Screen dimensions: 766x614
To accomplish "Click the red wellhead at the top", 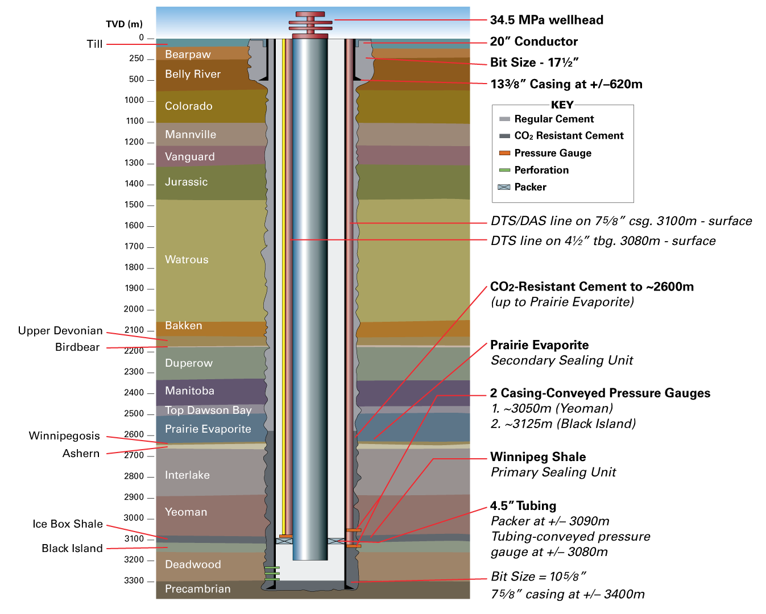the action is (310, 24).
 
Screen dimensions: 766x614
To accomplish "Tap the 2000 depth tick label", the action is (134, 309).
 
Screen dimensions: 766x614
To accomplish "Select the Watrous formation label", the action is (187, 259).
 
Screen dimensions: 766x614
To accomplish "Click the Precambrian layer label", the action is (197, 589).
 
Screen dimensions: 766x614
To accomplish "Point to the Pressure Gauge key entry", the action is (545, 153).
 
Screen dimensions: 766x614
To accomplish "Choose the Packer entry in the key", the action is (522, 187).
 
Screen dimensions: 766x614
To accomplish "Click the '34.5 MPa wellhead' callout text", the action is (546, 20).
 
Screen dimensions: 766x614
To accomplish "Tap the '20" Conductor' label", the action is (533, 42).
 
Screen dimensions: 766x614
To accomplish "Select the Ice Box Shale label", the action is (68, 524).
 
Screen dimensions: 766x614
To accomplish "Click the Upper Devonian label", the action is (60, 331).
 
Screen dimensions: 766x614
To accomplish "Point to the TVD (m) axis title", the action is (124, 24).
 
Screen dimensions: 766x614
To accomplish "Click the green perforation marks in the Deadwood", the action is (272, 574).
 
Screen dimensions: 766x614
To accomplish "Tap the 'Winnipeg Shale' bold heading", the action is (538, 457).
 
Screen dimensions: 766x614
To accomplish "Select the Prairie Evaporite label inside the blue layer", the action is (208, 429).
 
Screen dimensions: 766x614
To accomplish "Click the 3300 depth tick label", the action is (134, 580).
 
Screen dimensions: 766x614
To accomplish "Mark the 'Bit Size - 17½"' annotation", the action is (535, 63).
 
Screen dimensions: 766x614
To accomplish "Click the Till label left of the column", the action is (94, 44).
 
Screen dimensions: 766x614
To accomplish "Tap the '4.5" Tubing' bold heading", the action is (523, 505).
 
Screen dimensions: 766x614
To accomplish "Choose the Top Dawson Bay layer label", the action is (208, 410).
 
